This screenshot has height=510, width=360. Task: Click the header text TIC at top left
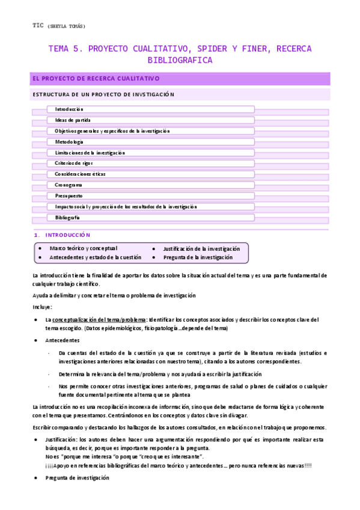point(37,25)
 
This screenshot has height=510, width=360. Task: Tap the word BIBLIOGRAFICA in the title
point(180,60)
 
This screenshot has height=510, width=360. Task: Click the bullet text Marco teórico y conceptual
point(84,248)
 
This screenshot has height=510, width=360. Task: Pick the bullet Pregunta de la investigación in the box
point(198,257)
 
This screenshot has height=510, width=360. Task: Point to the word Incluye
point(42,307)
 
